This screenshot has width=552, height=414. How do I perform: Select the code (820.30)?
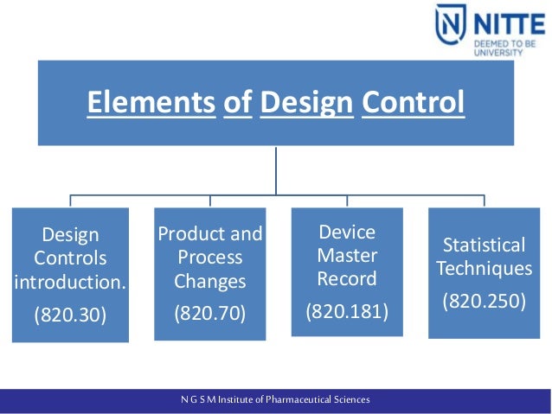tap(70, 315)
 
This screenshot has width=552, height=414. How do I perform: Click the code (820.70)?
tap(210, 314)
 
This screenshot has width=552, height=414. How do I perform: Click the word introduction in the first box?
tap(71, 281)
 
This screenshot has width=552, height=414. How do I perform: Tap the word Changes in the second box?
tap(210, 281)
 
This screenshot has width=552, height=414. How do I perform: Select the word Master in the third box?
tap(347, 255)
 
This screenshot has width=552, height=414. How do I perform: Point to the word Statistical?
tap(485, 245)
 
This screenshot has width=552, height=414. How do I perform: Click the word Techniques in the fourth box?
tap(485, 269)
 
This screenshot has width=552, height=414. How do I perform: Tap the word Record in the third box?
tap(347, 278)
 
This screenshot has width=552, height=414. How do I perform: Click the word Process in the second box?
tap(210, 258)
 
